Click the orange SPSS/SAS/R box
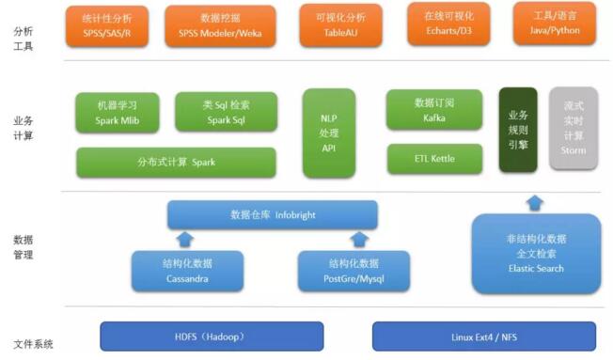point(108,24)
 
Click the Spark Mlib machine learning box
point(119,112)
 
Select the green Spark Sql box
point(226,112)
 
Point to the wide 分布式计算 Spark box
point(176,162)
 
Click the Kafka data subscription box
point(433,110)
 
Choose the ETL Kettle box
point(433,159)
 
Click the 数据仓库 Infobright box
point(272,215)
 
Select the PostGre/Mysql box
point(354,271)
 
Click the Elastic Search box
point(535,254)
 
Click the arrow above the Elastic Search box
point(535,201)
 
